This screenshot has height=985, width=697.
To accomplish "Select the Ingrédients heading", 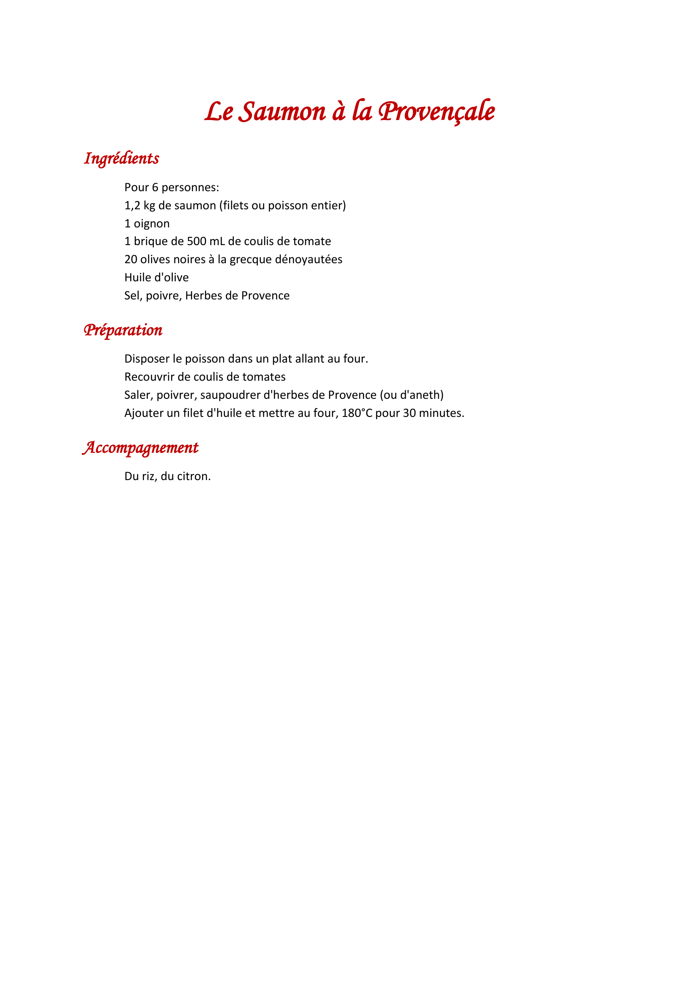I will [x=121, y=158].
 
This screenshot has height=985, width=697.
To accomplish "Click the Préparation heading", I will [x=123, y=330].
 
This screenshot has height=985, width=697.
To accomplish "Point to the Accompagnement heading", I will [x=140, y=448].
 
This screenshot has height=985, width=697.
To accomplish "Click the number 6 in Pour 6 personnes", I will [x=155, y=187].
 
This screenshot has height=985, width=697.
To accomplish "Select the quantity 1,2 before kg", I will [x=132, y=206].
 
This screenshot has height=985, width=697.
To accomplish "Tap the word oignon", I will [x=152, y=224].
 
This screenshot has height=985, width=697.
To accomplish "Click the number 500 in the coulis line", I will [x=196, y=241].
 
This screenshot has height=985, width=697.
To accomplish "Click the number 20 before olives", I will [x=131, y=259].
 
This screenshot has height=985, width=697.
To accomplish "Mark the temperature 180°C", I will [x=357, y=413].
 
